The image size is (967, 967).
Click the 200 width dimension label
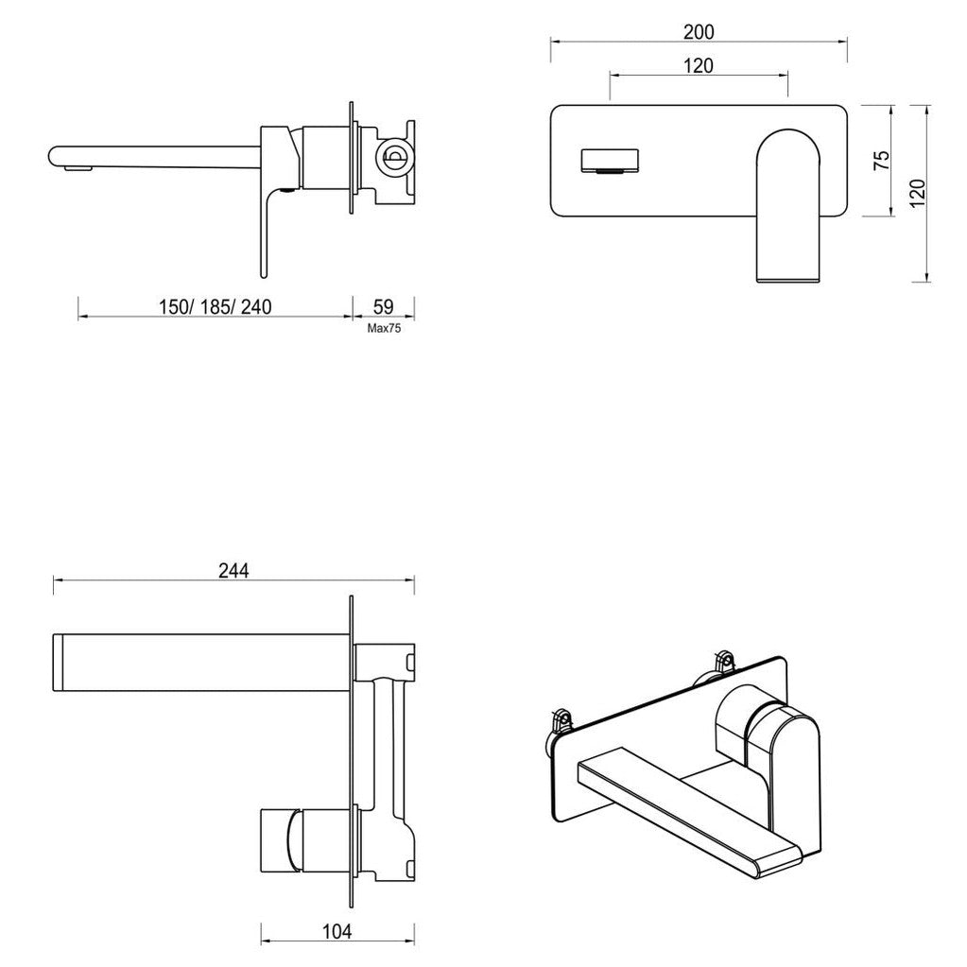coord(699,31)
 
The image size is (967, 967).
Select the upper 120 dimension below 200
coord(699,65)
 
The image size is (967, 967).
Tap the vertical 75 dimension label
coord(882,160)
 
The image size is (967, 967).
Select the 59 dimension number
coord(384,307)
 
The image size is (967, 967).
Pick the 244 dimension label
coord(233,570)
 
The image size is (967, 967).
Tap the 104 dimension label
coord(337,932)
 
